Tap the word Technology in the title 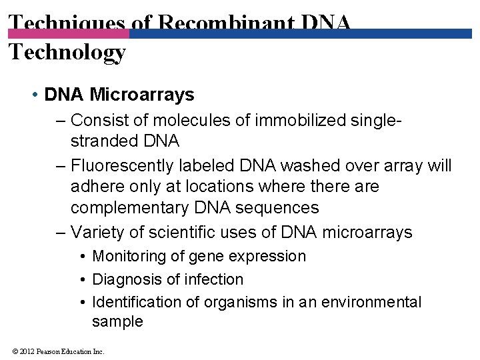67,51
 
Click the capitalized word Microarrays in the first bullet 141,95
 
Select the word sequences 281,207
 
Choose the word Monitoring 131,257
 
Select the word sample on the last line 117,321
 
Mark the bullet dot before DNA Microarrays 34,95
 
